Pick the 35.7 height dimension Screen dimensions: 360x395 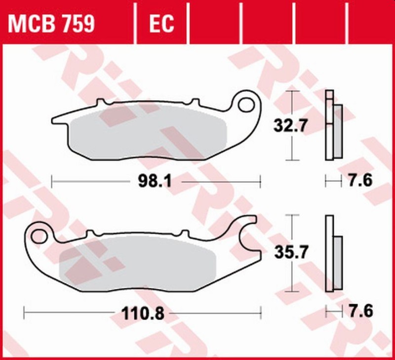tap(291, 253)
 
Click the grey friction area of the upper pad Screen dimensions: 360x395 tap(148, 133)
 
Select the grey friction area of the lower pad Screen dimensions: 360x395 tap(138, 262)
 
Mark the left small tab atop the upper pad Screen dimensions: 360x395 tap(103, 103)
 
